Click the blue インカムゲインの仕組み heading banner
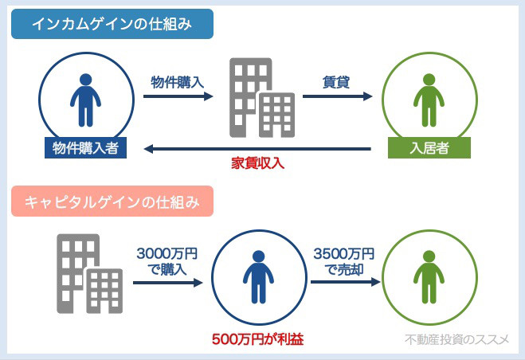[112, 24]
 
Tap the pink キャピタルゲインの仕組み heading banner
[112, 202]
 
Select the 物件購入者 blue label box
[86, 147]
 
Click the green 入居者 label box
[429, 147]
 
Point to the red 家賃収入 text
[258, 163]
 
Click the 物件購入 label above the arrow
[178, 82]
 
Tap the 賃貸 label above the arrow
[336, 82]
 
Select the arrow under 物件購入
[178, 96]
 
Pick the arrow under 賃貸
[338, 96]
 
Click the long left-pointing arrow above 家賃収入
[257, 149]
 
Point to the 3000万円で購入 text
[167, 261]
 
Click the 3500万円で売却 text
[344, 261]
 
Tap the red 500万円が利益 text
[258, 339]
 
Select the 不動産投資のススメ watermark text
[456, 339]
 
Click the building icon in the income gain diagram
[262, 98]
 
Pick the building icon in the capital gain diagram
[90, 274]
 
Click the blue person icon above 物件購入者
[86, 100]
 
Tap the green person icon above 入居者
[429, 100]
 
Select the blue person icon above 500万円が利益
[258, 277]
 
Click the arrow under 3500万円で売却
[346, 282]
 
